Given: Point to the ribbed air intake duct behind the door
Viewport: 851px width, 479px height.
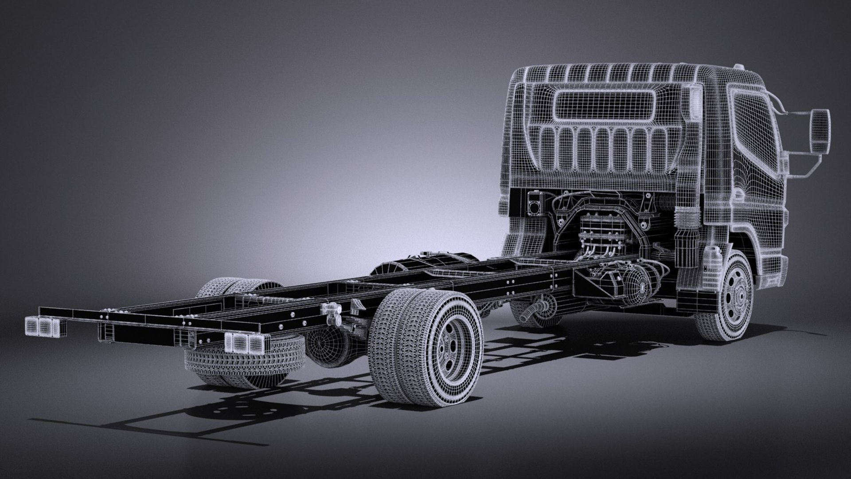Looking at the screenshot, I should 689,217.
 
